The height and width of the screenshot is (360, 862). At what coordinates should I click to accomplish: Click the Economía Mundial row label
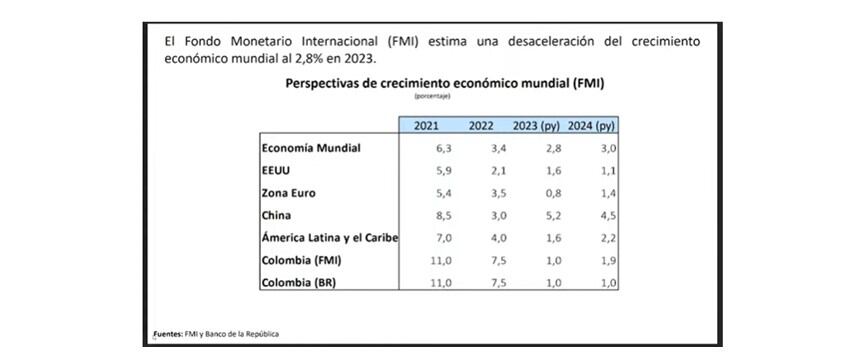click(x=310, y=148)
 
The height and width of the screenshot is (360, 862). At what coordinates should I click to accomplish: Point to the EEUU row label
click(x=276, y=170)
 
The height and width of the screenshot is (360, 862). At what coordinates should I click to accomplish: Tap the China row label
click(x=277, y=215)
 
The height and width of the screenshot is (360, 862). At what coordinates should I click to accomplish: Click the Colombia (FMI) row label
click(x=302, y=260)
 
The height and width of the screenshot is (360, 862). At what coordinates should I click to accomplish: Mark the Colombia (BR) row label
click(x=299, y=282)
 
